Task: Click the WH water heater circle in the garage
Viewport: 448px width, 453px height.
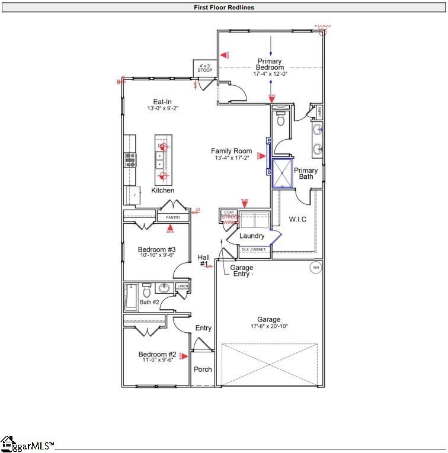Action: click(x=315, y=268)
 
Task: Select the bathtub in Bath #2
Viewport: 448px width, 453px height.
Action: click(x=130, y=297)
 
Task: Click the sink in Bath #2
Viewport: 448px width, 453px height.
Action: click(x=164, y=289)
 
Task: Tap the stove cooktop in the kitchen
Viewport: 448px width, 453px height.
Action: click(x=130, y=159)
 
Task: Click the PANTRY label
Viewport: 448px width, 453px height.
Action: click(x=173, y=218)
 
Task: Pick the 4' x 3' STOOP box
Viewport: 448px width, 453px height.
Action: click(x=205, y=68)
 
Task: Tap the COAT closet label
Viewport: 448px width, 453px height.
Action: click(x=229, y=213)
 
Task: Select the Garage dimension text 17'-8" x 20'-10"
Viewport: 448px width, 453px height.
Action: click(x=268, y=326)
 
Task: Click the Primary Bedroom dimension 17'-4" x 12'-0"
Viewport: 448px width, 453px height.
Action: click(x=270, y=74)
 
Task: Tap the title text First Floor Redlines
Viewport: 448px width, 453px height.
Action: click(x=223, y=8)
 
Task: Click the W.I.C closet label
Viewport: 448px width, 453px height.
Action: click(x=297, y=220)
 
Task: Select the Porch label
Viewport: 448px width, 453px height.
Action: click(x=203, y=370)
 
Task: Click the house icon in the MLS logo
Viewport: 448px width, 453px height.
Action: click(x=8, y=443)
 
